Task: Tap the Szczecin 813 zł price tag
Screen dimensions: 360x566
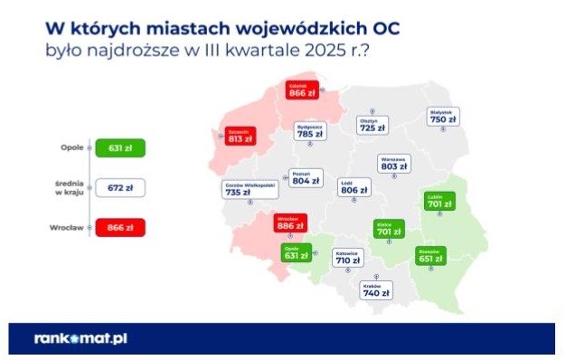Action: pos(240,137)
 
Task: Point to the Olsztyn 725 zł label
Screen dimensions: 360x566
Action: pos(372,126)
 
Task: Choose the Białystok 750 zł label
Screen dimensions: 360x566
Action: pos(443,117)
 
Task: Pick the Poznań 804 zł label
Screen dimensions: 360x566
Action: pos(306,177)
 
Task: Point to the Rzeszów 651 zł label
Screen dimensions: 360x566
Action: pos(430,255)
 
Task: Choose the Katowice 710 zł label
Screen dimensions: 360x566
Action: pos(347,258)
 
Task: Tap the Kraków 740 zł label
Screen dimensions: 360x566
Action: pos(375,289)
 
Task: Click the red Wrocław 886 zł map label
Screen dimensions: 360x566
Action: pos(291,223)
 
